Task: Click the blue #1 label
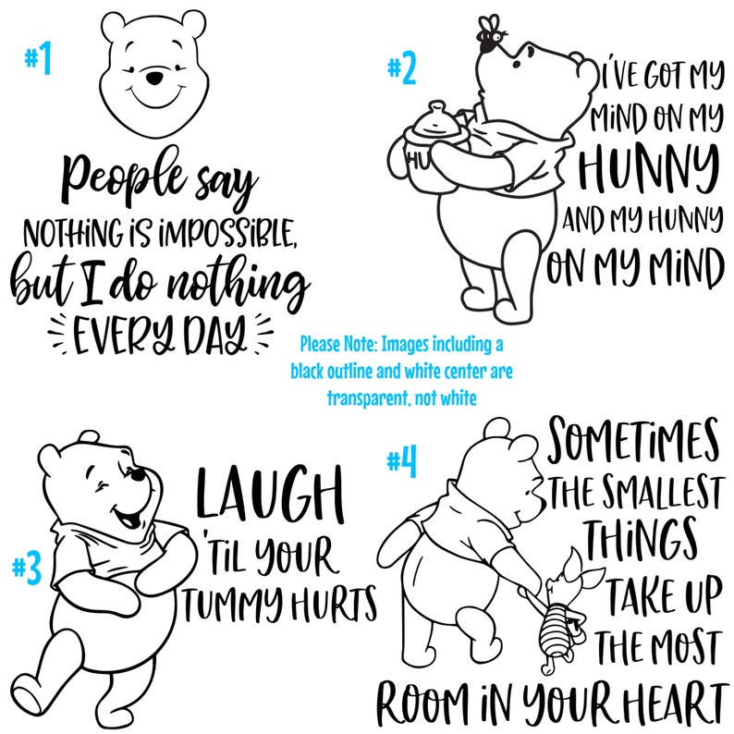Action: pyautogui.click(x=38, y=61)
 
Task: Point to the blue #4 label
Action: pyautogui.click(x=400, y=461)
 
